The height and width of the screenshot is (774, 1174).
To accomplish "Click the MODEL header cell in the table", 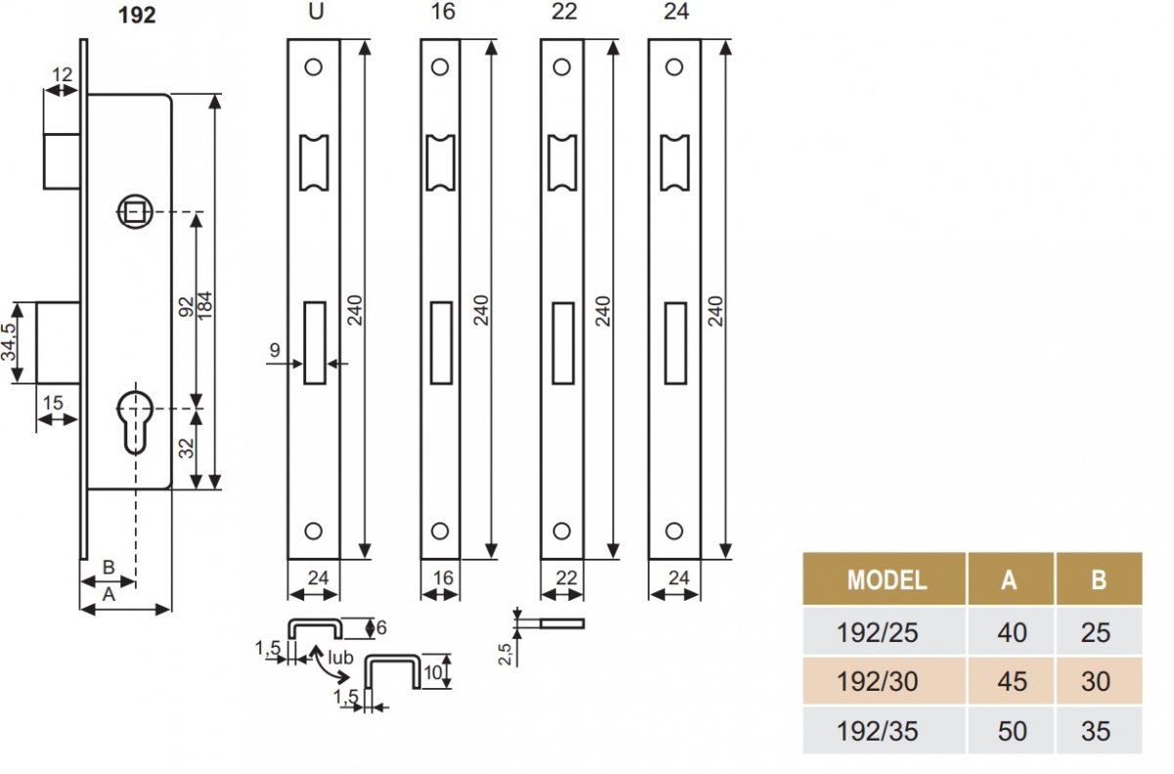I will [x=885, y=579].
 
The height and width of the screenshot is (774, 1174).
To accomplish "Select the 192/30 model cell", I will [x=878, y=681].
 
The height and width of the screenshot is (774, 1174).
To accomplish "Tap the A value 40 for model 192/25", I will [x=1011, y=633].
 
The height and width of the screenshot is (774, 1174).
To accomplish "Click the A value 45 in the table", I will [x=1011, y=681].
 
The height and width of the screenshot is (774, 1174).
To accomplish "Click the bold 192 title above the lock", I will [x=137, y=17].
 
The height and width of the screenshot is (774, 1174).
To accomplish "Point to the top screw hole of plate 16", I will [x=439, y=68].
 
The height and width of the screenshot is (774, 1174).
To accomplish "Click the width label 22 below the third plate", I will [x=565, y=577].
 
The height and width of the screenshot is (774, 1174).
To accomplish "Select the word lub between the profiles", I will [x=339, y=658].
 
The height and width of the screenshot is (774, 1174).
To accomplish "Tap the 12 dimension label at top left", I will [x=63, y=73].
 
